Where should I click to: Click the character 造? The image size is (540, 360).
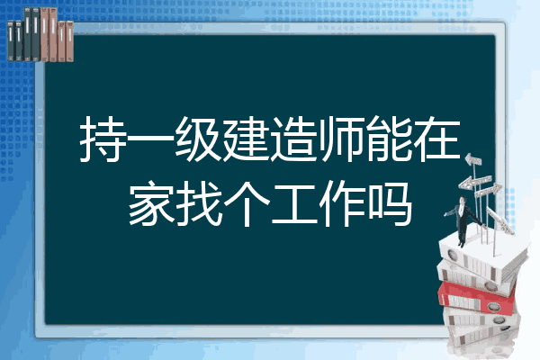[293, 139]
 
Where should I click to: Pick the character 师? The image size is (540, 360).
[341, 139]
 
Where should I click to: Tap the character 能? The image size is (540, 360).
[389, 139]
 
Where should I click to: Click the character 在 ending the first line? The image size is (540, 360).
[437, 139]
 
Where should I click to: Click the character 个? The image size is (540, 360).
[247, 203]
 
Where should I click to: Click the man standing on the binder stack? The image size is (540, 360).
[463, 221]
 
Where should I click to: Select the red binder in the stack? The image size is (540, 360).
[476, 298]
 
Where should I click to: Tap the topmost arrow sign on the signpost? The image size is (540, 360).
[473, 159]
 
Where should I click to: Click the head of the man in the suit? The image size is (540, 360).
[462, 200]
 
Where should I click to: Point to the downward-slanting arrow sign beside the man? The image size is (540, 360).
[499, 220]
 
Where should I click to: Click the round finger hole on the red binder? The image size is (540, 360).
[493, 307]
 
